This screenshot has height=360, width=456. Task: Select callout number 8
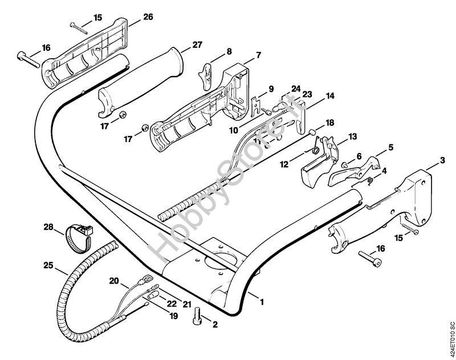pyautogui.click(x=229, y=51)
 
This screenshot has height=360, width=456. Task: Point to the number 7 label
pyautogui.click(x=258, y=55)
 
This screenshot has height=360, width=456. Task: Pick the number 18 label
pyautogui.click(x=329, y=123)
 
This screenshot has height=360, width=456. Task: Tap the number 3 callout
pyautogui.click(x=442, y=161)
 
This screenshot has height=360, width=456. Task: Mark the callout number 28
pyautogui.click(x=48, y=227)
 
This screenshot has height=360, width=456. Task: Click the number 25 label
pyautogui.click(x=48, y=265)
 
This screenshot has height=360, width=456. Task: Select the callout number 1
pyautogui.click(x=262, y=300)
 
